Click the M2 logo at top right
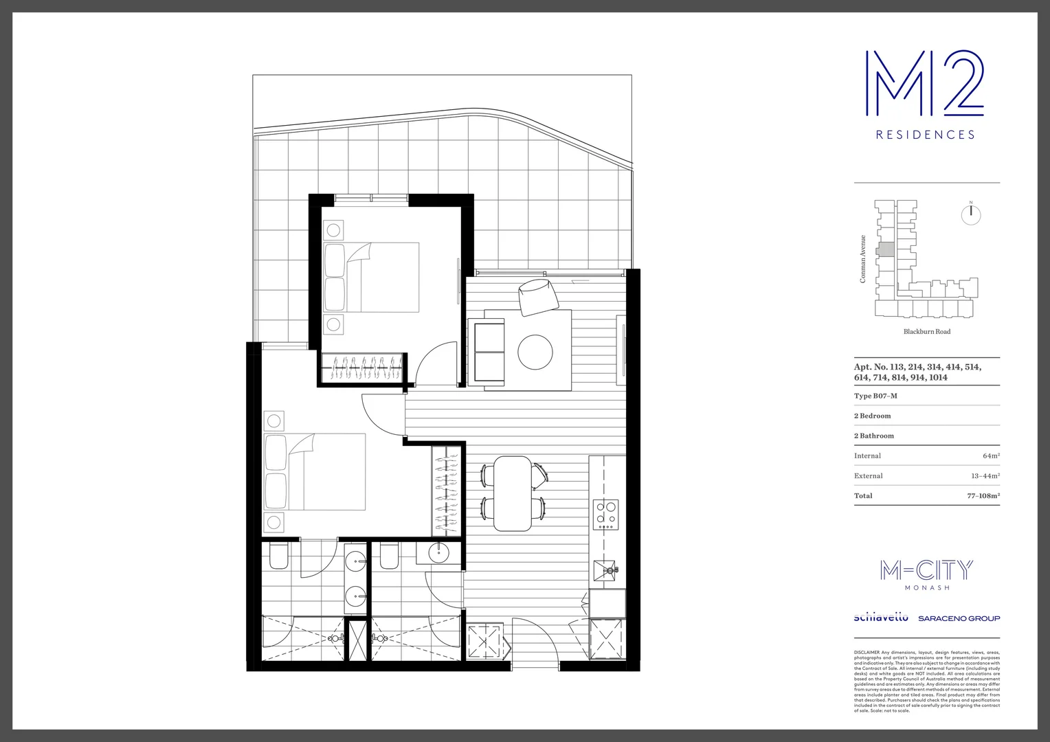tap(924, 83)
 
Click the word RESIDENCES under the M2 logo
tap(925, 135)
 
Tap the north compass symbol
tap(970, 214)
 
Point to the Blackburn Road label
tap(926, 331)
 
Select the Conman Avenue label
tap(863, 259)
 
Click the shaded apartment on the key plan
tap(886, 249)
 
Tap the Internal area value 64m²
tap(991, 456)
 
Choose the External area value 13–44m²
tap(985, 475)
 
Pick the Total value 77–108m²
tap(983, 495)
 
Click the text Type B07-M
tap(875, 396)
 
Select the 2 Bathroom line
tap(874, 436)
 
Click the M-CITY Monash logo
tap(926, 574)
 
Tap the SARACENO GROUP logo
tap(959, 618)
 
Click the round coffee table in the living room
tap(535, 351)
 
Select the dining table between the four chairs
tap(513, 493)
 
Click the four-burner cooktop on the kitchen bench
tap(606, 513)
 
